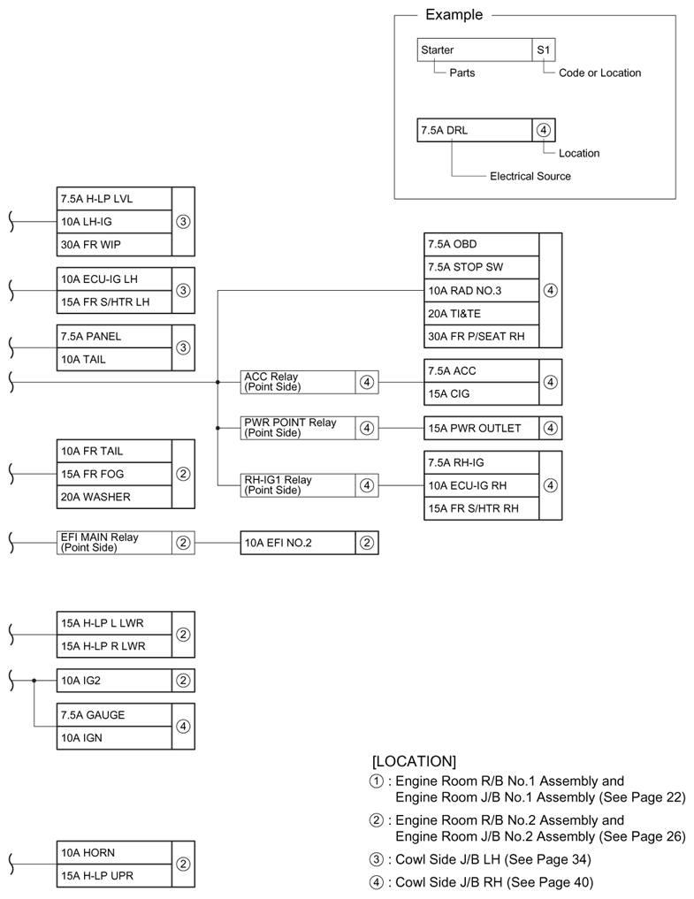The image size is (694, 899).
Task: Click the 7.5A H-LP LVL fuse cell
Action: pyautogui.click(x=113, y=198)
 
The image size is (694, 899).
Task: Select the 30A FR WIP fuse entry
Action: pyautogui.click(x=113, y=244)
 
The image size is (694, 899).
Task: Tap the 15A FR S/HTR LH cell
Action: pyautogui.click(x=113, y=302)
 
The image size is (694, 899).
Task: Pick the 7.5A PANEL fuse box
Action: pyautogui.click(x=113, y=336)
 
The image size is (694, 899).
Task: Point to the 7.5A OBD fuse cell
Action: pyautogui.click(x=481, y=244)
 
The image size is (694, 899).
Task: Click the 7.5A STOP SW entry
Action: pyautogui.click(x=481, y=267)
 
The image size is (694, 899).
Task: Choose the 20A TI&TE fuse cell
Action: pyautogui.click(x=481, y=313)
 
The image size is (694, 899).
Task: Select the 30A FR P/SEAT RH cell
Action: pyautogui.click(x=481, y=336)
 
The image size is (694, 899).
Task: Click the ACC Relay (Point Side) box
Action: pyautogui.click(x=298, y=382)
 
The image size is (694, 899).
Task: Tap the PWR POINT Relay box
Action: pyautogui.click(x=298, y=428)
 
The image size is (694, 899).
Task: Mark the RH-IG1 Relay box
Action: pyautogui.click(x=298, y=485)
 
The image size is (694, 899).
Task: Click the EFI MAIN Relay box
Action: pyautogui.click(x=113, y=543)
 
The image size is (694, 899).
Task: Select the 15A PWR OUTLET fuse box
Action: pyautogui.click(x=481, y=428)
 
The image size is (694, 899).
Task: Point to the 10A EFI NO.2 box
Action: pyautogui.click(x=298, y=543)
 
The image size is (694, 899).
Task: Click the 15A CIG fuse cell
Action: pyautogui.click(x=481, y=393)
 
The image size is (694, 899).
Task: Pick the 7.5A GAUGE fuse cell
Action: pyautogui.click(x=113, y=714)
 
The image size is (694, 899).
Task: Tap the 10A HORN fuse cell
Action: pyautogui.click(x=113, y=852)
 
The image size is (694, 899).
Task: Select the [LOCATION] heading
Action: pyautogui.click(x=415, y=760)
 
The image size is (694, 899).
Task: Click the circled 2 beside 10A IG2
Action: pyautogui.click(x=183, y=681)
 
